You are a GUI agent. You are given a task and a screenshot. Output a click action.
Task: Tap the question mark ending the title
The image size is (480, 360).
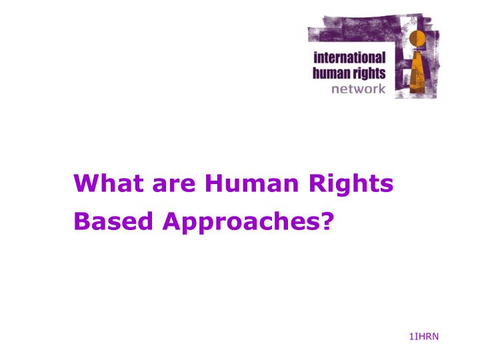tap(326, 221)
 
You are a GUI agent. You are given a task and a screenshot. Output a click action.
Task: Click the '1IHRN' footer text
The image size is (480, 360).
tap(424, 336)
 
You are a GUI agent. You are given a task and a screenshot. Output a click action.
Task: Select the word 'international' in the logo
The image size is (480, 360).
tap(349, 58)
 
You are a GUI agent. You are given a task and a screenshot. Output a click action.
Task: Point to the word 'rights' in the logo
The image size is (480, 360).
tap(369, 74)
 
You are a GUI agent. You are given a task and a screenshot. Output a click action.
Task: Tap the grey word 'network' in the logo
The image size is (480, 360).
tap(359, 89)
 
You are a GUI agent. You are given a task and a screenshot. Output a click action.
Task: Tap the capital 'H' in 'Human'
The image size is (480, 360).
tap(214, 183)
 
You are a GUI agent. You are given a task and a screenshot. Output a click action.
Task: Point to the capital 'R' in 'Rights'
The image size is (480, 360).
tap(327, 183)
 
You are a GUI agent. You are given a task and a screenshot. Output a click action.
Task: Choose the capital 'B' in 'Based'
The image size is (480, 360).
tap(80, 221)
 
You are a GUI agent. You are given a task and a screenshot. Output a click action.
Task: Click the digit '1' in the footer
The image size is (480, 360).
tap(411, 336)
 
